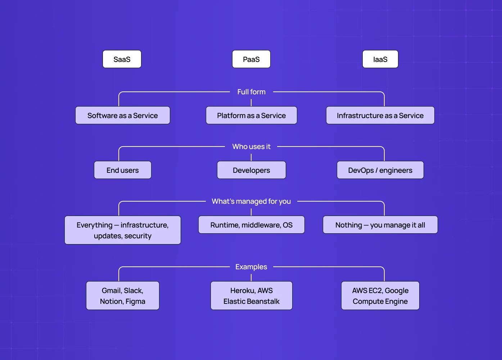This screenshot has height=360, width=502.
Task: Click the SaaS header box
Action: [122, 59]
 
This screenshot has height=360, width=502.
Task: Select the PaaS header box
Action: [251, 59]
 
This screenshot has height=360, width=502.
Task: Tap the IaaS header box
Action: [380, 59]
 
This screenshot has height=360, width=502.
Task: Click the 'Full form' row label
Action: [251, 92]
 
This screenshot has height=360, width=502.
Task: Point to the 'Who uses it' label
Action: [251, 147]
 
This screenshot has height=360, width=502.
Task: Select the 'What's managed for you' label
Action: [251, 201]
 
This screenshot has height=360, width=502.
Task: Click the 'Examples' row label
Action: [251, 267]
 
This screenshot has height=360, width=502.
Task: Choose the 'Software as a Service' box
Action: [122, 115]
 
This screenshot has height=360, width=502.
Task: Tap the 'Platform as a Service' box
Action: [251, 115]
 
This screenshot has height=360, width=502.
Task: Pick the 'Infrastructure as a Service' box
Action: [380, 115]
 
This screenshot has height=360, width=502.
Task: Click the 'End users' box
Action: [122, 170]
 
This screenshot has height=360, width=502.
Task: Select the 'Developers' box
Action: [251, 170]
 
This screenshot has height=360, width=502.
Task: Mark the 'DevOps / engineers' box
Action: [380, 170]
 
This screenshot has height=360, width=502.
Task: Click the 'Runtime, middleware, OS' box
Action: [251, 225]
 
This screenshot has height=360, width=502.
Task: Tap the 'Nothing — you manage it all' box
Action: [380, 225]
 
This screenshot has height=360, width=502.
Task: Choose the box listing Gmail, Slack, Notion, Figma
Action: [122, 296]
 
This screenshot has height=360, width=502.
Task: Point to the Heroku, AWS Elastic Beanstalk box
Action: [251, 296]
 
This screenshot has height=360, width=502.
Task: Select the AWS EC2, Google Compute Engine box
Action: [380, 296]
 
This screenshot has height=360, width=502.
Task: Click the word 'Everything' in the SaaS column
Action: [94, 225]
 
